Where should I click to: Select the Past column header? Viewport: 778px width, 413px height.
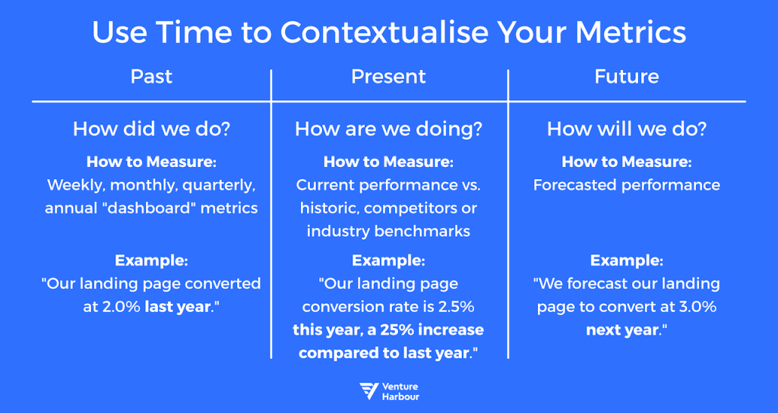(x=151, y=77)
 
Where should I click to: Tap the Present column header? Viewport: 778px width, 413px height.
(x=388, y=77)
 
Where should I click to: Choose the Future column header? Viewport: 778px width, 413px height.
(x=627, y=77)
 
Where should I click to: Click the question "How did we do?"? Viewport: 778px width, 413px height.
(x=151, y=129)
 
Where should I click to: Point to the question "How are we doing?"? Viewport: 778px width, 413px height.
(x=388, y=129)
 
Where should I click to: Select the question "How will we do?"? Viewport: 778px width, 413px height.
(x=627, y=129)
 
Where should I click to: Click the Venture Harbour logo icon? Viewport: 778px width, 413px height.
(x=368, y=392)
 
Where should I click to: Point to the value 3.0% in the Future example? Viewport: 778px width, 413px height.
(x=697, y=307)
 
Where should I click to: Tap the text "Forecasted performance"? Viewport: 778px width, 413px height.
(x=627, y=185)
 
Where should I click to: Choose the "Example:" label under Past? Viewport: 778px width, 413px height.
(x=151, y=260)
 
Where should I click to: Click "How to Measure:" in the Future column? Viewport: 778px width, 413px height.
(x=627, y=162)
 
